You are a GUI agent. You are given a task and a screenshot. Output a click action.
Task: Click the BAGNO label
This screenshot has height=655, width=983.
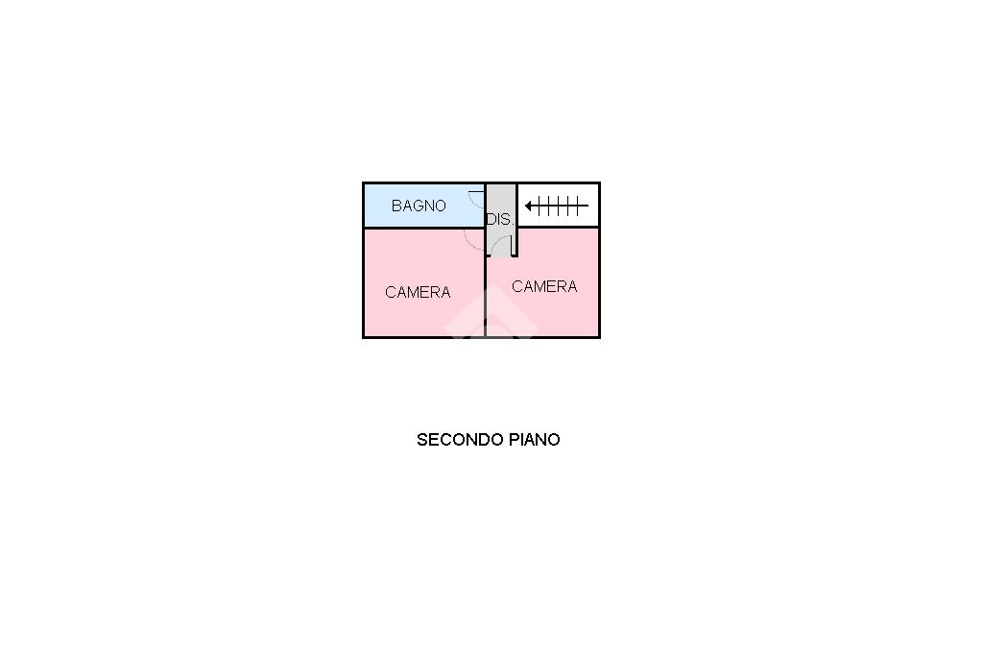click(419, 206)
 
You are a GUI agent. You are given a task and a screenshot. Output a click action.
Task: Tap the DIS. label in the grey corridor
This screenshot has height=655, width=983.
click(500, 220)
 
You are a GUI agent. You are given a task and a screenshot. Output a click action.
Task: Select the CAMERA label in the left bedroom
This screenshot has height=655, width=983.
click(418, 292)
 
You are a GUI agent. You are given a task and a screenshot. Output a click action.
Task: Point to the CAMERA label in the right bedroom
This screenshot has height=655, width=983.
click(544, 286)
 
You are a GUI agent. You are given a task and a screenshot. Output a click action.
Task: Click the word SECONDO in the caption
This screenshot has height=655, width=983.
click(460, 439)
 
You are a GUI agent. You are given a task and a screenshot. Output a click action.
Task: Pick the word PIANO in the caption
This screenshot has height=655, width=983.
click(534, 439)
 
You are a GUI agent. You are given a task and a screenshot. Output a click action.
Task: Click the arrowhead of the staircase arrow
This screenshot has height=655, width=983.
click(529, 206)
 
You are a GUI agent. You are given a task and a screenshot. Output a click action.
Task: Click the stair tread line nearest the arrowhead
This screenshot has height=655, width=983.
click(539, 206)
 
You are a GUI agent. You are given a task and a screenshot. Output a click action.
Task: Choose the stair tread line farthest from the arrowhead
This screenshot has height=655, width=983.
click(576, 206)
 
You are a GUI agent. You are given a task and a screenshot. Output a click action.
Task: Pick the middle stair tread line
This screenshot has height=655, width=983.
click(558, 206)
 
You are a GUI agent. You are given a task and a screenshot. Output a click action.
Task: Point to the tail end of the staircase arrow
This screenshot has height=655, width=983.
click(588, 206)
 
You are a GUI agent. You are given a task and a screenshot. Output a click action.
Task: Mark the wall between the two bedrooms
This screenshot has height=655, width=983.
click(485, 294)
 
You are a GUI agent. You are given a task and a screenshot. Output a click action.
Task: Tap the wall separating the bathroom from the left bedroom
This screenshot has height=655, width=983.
click(423, 227)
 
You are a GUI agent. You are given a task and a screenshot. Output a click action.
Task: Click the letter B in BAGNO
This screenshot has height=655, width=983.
click(396, 206)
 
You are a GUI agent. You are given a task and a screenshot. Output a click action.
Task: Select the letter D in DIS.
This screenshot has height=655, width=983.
click(491, 220)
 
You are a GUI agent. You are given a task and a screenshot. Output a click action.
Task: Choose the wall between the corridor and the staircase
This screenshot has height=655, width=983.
click(515, 220)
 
